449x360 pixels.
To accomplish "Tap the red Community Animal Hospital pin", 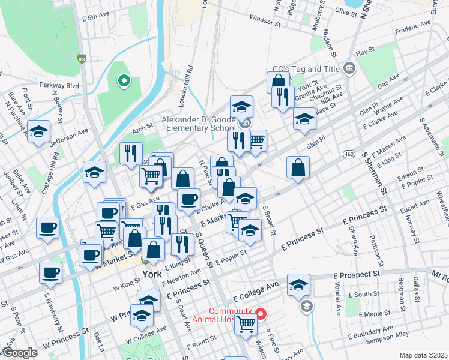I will click(261, 314).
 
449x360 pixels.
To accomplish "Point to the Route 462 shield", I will click(349, 154).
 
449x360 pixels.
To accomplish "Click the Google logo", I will click(19, 353).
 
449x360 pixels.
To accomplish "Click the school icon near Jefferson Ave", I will click(39, 131).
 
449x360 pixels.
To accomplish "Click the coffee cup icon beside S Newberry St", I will click(50, 272).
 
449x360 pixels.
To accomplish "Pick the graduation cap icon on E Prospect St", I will click(298, 284).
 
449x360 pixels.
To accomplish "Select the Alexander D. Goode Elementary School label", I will click(198, 124).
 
